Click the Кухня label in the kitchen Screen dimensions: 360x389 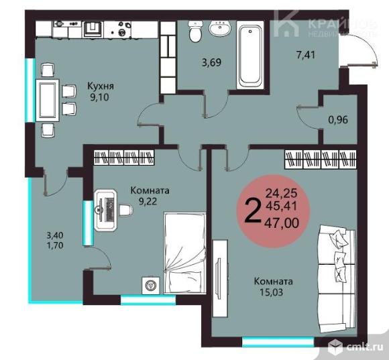pyautogui.click(x=101, y=86)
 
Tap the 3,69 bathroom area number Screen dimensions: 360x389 pyautogui.click(x=213, y=64)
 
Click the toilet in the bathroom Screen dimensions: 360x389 pyautogui.click(x=195, y=31)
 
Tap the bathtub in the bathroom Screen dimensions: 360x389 pyautogui.click(x=252, y=56)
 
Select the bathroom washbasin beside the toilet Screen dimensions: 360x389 pyautogui.click(x=219, y=29)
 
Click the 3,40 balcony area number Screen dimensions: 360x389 pyautogui.click(x=56, y=235)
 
